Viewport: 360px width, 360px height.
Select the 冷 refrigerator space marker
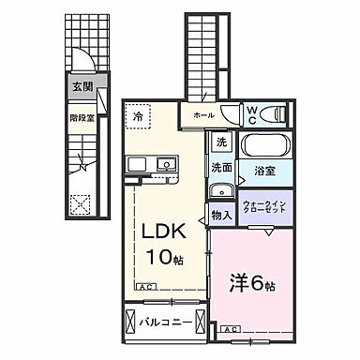(x=137, y=118)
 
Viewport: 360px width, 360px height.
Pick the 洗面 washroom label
(x=221, y=168)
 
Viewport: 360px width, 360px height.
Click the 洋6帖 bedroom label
(x=252, y=281)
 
